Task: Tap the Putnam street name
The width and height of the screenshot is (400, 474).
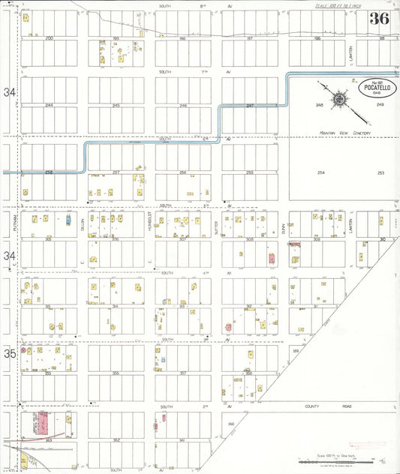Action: [x=15, y=223]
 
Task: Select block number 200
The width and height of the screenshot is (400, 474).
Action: [x=50, y=37]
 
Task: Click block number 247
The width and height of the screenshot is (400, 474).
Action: [x=250, y=106]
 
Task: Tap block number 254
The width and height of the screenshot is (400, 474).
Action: [x=320, y=172]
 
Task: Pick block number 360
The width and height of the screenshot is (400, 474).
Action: [x=231, y=424]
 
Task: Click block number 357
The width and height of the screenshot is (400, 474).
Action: [x=182, y=373]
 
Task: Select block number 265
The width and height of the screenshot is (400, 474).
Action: [x=116, y=106]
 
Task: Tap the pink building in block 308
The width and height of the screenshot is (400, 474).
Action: [x=272, y=259]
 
